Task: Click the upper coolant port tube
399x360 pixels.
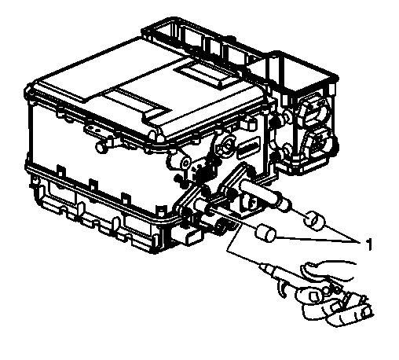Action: [x=260, y=193]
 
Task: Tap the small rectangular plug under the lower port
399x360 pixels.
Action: [x=184, y=236]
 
